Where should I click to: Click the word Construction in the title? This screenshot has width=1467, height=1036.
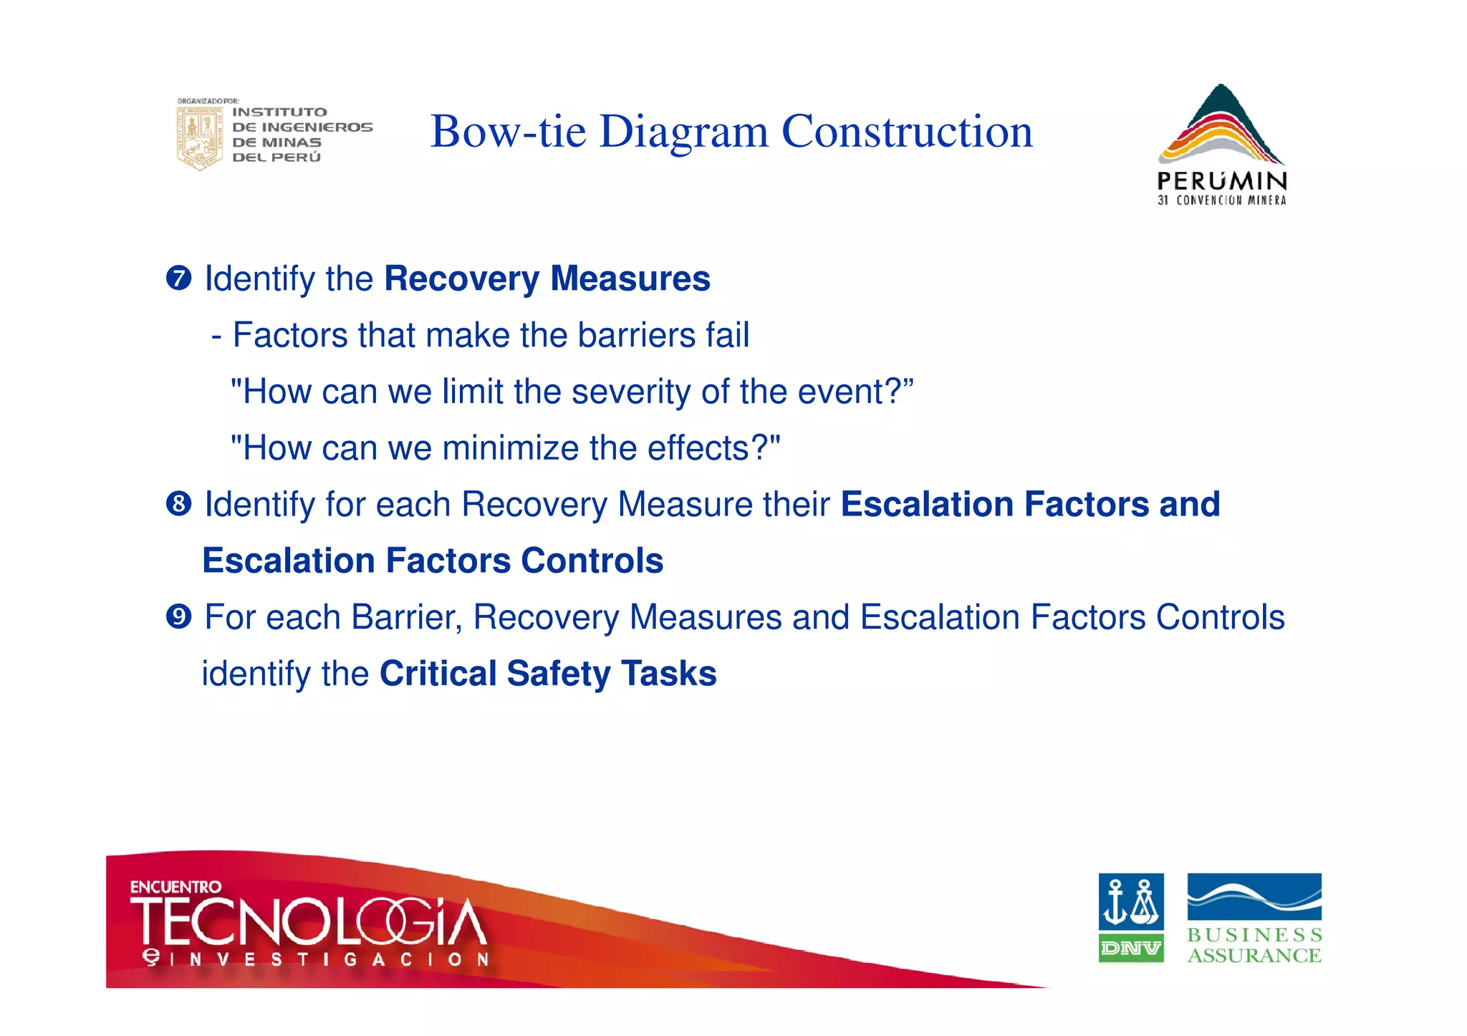(907, 132)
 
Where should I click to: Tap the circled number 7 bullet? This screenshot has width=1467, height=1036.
(178, 278)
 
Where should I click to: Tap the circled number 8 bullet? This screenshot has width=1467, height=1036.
(178, 504)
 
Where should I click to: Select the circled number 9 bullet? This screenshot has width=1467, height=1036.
(178, 616)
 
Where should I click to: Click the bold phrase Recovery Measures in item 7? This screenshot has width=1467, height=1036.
(547, 279)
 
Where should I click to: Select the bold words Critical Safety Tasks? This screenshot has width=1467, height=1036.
(548, 674)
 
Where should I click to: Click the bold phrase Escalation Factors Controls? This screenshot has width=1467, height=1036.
(433, 561)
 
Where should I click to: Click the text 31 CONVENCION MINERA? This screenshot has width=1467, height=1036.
(1221, 200)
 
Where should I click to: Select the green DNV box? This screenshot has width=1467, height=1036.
(1130, 949)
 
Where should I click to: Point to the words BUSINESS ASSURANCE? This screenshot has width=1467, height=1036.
(1254, 945)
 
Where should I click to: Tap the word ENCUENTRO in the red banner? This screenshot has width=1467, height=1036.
(175, 887)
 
